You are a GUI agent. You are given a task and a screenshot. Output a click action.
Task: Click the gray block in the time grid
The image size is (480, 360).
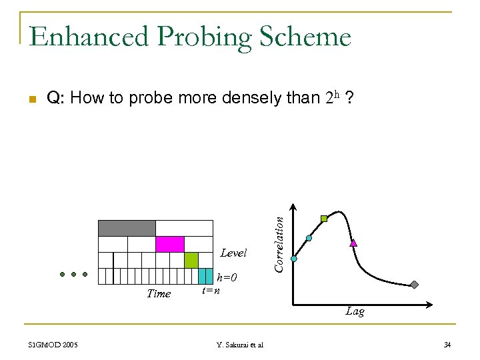(x=127, y=228)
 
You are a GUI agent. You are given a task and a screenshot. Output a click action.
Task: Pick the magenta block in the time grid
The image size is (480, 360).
(x=169, y=244)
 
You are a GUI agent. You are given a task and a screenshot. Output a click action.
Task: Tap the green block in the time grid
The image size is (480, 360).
(x=191, y=260)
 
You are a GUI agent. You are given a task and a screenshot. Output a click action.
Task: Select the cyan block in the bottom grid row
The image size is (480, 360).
(x=206, y=276)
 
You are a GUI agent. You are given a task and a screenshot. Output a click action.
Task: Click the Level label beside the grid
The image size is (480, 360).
(x=233, y=253)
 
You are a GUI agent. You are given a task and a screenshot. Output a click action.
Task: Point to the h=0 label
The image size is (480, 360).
(x=228, y=277)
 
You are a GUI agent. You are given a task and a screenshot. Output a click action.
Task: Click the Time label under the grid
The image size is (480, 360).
(x=159, y=293)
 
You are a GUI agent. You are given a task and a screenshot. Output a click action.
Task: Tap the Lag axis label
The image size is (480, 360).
(x=355, y=311)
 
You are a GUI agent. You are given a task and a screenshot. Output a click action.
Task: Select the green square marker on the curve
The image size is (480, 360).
(x=324, y=218)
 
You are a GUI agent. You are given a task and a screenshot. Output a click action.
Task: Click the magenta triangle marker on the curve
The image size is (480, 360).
(x=354, y=243)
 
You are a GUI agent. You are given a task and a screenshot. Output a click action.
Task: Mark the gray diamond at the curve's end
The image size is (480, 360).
(x=414, y=285)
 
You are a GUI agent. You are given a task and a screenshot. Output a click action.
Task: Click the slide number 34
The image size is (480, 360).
(x=447, y=345)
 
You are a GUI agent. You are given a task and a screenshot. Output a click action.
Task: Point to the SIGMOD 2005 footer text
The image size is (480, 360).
(x=53, y=345)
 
